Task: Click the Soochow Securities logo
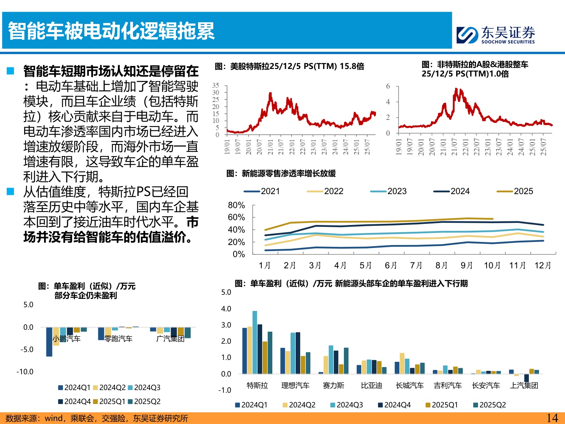[x=495, y=35]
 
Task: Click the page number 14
[x=552, y=418]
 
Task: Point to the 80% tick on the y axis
[x=236, y=205]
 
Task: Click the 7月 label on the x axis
[x=416, y=265]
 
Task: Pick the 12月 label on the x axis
[x=542, y=265]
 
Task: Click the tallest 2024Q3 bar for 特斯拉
[x=255, y=342]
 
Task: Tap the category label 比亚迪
[x=371, y=385]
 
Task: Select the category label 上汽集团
[x=524, y=385]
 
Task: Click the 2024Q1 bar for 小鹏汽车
[x=49, y=341]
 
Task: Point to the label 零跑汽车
[x=118, y=338]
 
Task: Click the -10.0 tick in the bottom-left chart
[x=25, y=372]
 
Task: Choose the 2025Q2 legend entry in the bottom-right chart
[x=489, y=405]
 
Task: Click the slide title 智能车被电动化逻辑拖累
[x=111, y=31]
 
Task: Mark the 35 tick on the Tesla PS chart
[x=215, y=86]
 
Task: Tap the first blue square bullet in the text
[x=11, y=70]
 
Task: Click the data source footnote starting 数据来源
[x=97, y=418]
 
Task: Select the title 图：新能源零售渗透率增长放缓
[x=281, y=173]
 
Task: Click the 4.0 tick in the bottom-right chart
[x=226, y=309]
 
